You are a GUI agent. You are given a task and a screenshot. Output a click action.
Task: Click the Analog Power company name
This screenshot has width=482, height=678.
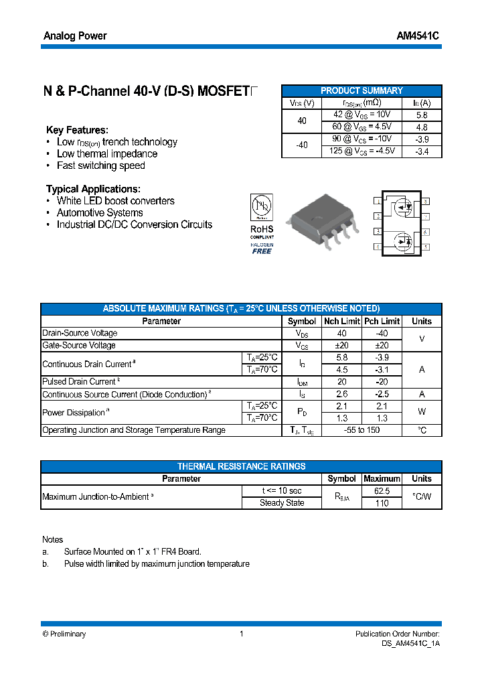(75, 36)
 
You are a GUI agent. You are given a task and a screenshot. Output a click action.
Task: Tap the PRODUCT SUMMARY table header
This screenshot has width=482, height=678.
(361, 90)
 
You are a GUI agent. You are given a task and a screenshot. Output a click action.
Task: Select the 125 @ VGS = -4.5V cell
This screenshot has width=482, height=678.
(362, 151)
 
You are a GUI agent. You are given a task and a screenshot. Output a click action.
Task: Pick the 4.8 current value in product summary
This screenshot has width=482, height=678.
(422, 127)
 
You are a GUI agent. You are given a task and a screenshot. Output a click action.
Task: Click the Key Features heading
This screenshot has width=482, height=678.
(77, 130)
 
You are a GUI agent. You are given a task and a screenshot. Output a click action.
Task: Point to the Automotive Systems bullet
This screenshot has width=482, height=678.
(99, 212)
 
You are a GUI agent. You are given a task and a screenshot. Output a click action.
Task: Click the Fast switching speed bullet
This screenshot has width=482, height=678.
(100, 165)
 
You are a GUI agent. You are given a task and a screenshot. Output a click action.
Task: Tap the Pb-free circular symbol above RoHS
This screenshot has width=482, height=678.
(261, 206)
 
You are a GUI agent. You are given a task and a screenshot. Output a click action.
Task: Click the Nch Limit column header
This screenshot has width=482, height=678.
(341, 321)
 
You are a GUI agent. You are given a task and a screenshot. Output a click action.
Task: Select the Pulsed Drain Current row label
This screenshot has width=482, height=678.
(79, 382)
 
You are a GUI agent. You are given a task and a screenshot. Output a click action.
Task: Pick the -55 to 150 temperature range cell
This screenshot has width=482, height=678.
(361, 430)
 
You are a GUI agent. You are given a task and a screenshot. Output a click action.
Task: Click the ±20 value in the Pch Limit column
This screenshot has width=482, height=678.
(382, 345)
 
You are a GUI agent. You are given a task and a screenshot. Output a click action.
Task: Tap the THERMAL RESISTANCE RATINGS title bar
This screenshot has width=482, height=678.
(241, 466)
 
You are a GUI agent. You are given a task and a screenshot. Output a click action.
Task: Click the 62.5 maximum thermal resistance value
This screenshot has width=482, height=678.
(382, 490)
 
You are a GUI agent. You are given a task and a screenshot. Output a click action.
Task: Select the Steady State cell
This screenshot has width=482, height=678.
(282, 502)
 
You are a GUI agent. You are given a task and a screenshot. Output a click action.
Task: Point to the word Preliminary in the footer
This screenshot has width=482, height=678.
(68, 634)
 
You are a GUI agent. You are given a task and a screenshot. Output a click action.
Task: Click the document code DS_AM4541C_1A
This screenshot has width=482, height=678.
(406, 643)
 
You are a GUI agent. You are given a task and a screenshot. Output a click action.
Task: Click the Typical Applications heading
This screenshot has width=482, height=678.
(93, 189)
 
